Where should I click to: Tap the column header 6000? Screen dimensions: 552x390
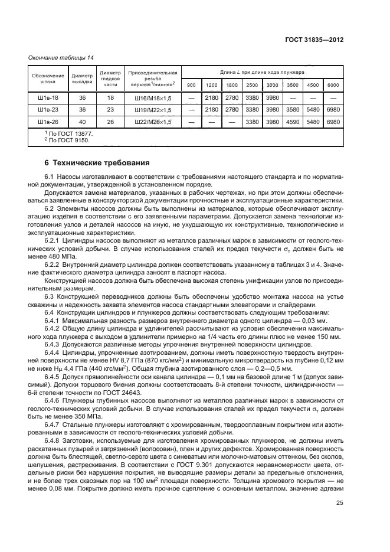333,85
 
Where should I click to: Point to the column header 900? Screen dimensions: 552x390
191,85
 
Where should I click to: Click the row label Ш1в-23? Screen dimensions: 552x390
48,110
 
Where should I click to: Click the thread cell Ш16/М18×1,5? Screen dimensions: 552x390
153,97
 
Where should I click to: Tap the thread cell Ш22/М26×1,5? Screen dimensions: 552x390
153,122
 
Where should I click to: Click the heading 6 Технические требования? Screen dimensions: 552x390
93,162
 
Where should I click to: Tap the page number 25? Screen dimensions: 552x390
339,503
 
